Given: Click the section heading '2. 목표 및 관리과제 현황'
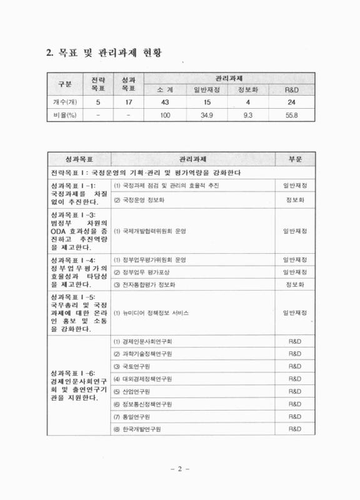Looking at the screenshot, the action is [107, 52].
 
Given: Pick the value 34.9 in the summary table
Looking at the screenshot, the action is [204, 116].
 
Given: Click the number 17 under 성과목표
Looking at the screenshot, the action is [128, 102].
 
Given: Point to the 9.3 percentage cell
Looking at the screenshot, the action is [249, 116].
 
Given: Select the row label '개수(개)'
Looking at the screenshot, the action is [64, 102].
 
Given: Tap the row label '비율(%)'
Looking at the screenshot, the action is [64, 116].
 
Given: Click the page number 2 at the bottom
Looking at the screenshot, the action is [179, 469].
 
